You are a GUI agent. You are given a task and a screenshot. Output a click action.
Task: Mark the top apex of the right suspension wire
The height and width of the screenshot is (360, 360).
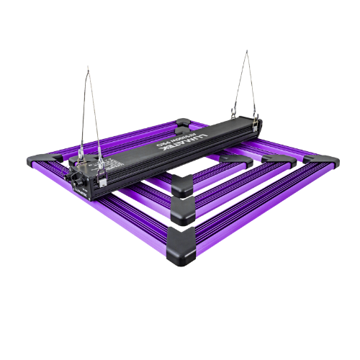[246, 51]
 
